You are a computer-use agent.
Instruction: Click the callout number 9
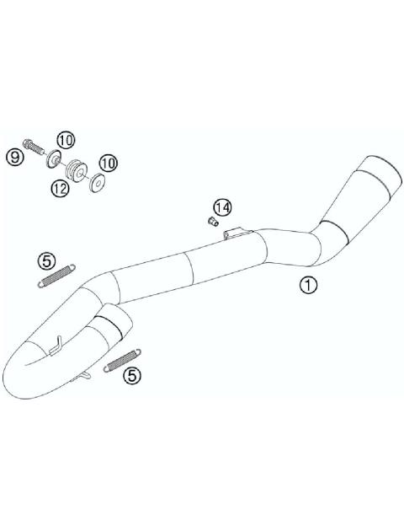(14, 156)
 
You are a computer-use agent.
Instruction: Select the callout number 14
(221, 206)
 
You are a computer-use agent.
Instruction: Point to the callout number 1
(308, 285)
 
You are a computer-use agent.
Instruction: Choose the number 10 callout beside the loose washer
(109, 162)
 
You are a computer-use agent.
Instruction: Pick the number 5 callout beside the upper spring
(48, 260)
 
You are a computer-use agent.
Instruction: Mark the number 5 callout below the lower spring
(132, 375)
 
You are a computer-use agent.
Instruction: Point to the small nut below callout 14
(213, 223)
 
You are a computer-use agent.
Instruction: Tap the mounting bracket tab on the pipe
(237, 232)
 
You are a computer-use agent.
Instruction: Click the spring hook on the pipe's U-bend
(57, 343)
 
